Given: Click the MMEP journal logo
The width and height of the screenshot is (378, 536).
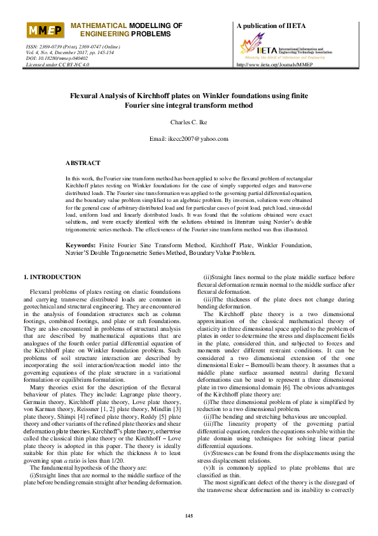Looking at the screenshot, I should point(44,31).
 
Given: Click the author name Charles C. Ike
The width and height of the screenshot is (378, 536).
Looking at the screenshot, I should point(188,122).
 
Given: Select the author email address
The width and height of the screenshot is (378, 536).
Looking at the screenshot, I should point(188,138).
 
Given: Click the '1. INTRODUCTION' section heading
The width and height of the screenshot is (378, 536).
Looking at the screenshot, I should point(52,278).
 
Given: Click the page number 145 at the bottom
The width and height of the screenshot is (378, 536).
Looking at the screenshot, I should point(188,515).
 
